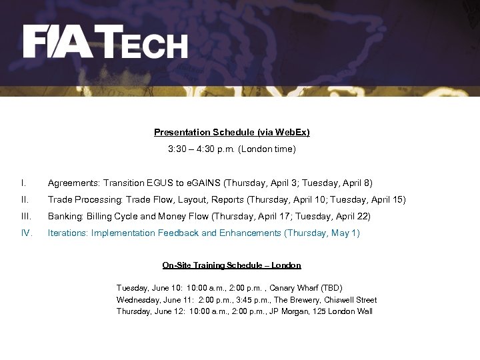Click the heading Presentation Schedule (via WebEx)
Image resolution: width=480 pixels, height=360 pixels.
[x=231, y=133]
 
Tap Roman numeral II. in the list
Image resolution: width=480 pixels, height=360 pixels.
[x=24, y=200]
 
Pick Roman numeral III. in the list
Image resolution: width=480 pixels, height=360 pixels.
[x=25, y=217]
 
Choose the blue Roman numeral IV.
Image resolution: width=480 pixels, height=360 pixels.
[x=26, y=233]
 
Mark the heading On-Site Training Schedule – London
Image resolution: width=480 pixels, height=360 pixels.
[x=231, y=265]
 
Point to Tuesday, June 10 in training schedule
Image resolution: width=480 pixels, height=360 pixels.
[x=143, y=288]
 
